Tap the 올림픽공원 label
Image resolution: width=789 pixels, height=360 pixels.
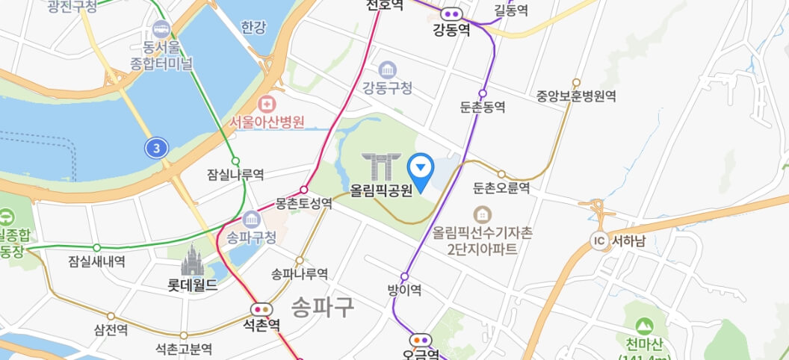381,190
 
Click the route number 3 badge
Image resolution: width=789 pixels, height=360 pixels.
156,148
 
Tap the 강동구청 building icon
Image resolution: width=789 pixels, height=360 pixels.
388,70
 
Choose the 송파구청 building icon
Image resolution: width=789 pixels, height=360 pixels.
252,221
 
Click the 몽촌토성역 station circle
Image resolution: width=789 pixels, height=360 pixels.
303,190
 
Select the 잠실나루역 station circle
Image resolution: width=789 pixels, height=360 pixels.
235,161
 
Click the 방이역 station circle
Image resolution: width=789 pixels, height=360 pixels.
405,276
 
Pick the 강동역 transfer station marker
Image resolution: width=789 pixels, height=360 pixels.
451,13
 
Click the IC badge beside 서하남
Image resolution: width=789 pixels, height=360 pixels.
598,240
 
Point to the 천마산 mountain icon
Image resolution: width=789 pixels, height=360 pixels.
643,326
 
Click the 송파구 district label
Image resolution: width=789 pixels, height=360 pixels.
322,307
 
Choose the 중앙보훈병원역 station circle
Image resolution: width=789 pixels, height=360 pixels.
576,82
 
